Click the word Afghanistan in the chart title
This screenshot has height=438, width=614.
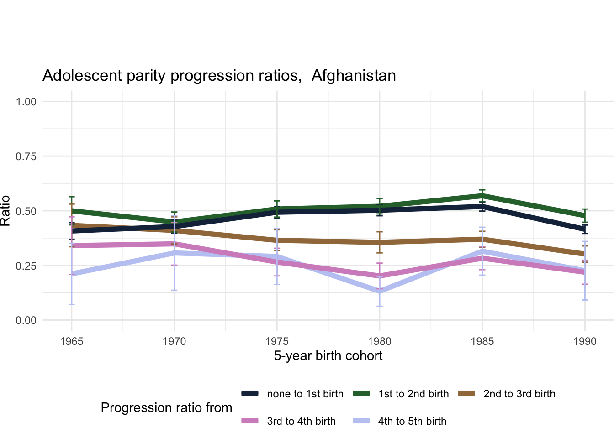(x=354, y=75)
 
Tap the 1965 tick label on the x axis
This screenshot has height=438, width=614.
(x=72, y=342)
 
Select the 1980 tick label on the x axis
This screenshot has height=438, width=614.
(x=380, y=342)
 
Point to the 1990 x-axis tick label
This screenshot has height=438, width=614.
(x=585, y=342)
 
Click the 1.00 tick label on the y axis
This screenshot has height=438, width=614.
(x=26, y=102)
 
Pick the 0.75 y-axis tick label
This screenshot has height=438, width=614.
(x=26, y=156)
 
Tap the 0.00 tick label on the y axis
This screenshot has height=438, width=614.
(x=26, y=321)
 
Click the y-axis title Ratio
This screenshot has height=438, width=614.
(x=5, y=210)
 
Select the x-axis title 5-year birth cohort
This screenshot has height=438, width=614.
(x=328, y=356)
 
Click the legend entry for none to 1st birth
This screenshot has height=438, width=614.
(x=305, y=394)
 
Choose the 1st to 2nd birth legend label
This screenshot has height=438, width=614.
(x=413, y=394)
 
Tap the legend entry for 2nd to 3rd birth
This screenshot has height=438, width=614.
(x=519, y=394)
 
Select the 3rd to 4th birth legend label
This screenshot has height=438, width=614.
(x=301, y=422)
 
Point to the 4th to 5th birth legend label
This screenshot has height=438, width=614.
(x=412, y=422)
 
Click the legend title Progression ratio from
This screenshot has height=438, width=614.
(x=166, y=408)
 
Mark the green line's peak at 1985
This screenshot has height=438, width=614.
(x=482, y=196)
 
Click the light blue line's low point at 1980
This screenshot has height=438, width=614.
(x=380, y=291)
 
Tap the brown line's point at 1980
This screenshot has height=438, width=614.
(x=380, y=242)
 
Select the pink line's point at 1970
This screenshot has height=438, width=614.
(x=175, y=244)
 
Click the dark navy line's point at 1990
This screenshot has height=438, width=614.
(x=585, y=229)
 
